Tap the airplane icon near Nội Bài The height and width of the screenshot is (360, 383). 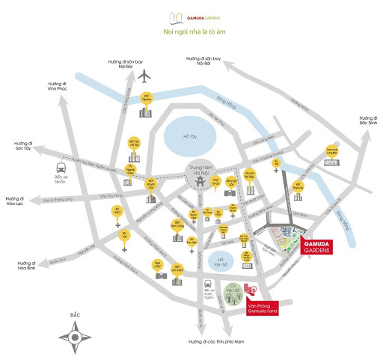(145, 76)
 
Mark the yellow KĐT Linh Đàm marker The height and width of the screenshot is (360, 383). (177, 268)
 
